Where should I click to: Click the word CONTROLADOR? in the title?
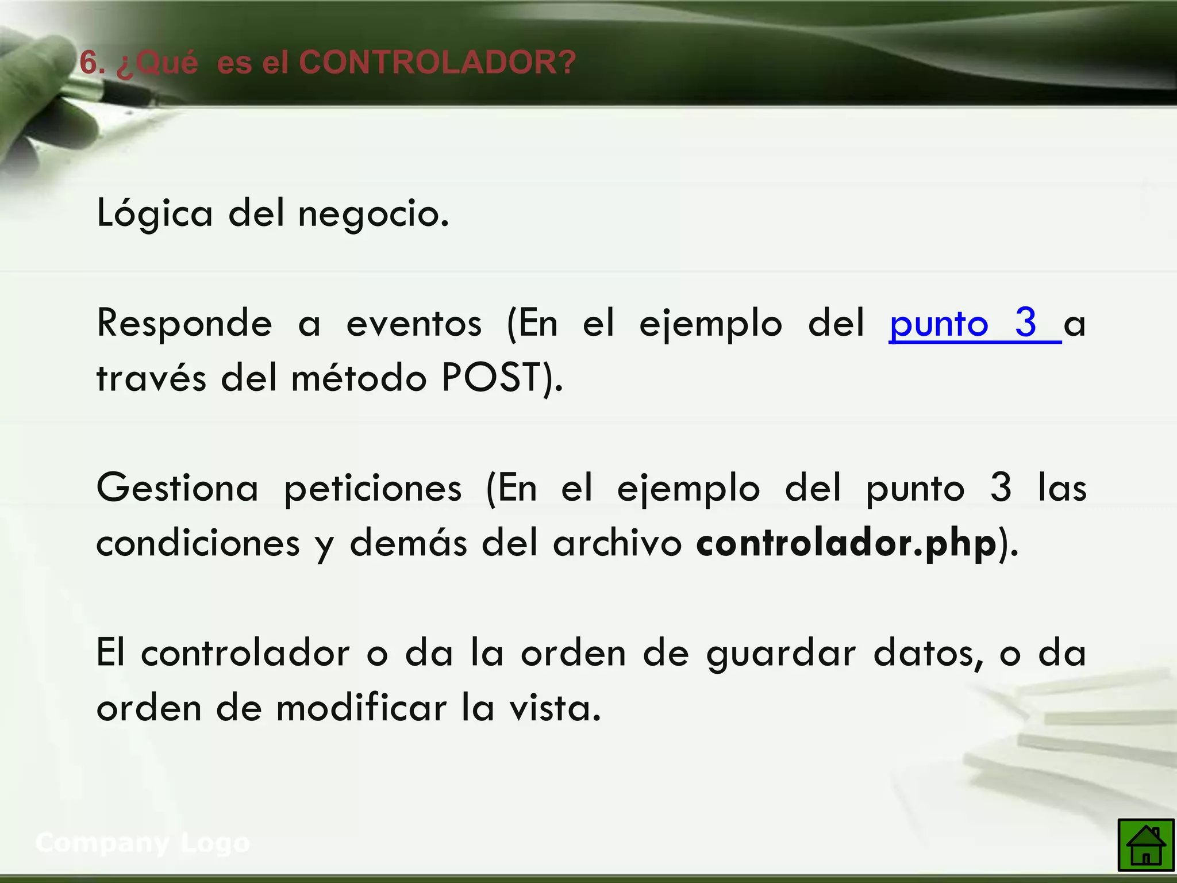point(437,62)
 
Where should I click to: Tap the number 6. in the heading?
point(93,62)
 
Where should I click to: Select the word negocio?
point(373,214)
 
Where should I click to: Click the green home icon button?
point(1145,845)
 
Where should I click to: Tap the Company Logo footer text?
point(143,843)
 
